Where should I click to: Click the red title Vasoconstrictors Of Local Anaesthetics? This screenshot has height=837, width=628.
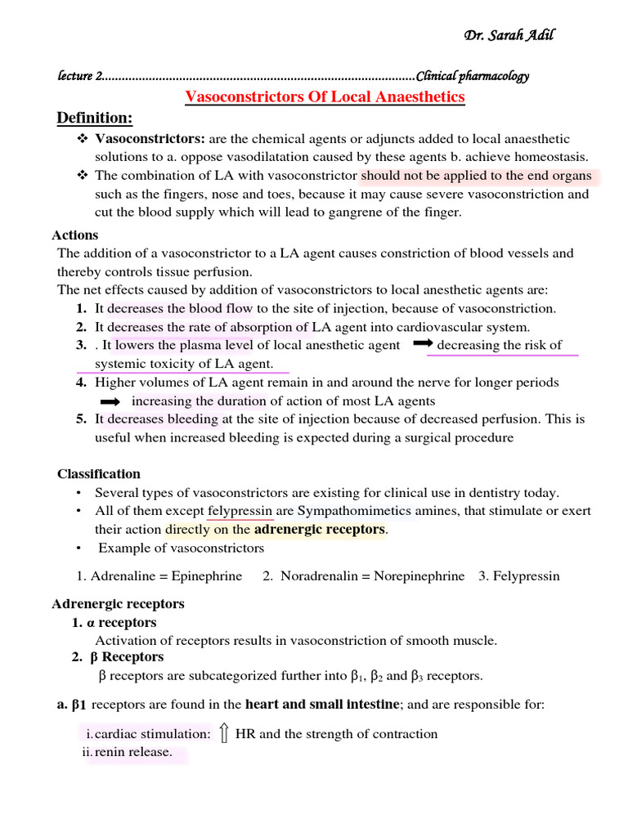point(325,97)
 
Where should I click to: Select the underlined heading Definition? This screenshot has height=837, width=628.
point(94,119)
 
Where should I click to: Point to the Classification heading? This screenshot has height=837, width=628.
point(98,474)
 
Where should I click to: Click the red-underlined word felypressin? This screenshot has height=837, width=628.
point(240,511)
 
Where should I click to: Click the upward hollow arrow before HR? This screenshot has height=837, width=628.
point(223,733)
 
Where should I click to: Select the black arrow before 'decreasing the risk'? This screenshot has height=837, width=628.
point(423,345)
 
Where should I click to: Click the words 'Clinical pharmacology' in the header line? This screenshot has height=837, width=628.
point(473,76)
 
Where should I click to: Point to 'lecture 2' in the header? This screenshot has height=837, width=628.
point(79,76)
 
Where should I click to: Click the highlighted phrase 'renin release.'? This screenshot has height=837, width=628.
point(133,752)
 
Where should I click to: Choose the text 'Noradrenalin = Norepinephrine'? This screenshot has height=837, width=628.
point(372,575)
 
